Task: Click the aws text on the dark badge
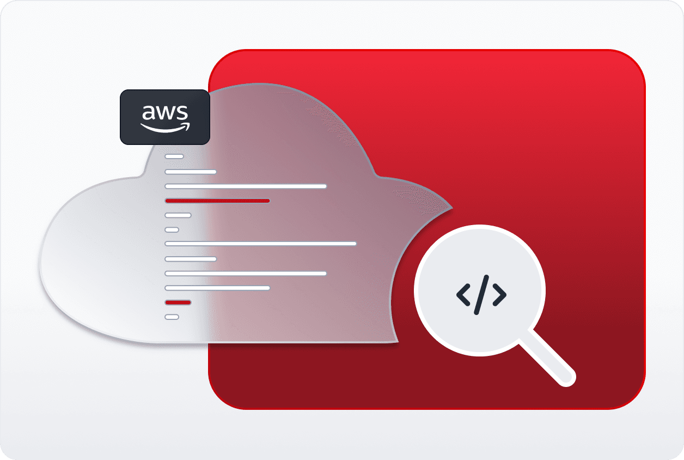coord(164,113)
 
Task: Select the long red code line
coord(217,201)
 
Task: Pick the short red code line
coord(178,302)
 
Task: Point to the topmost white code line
coord(174,156)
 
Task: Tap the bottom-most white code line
coord(172,317)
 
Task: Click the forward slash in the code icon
coord(481,295)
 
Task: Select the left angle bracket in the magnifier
coord(463,295)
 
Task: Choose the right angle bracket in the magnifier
coord(499,295)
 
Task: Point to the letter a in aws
coord(149,113)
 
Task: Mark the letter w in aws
coord(166,113)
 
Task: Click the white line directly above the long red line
coord(246,186)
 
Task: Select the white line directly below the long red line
coord(178,215)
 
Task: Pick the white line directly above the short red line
coord(217,288)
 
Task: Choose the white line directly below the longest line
coord(191,259)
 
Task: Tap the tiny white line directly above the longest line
coord(172,229)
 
